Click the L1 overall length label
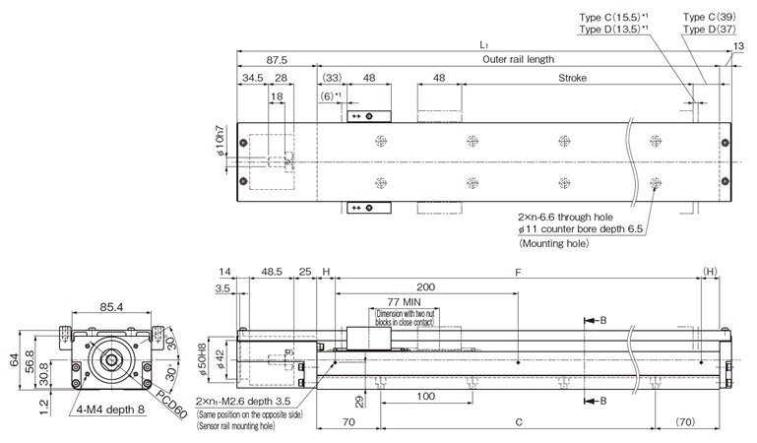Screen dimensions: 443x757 click(483, 45)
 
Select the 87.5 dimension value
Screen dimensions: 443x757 click(276, 59)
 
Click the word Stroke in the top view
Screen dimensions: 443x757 click(574, 78)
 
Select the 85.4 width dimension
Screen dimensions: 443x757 click(110, 307)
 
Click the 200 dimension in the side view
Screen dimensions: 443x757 click(426, 288)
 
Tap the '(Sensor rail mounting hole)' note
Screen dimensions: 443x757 click(248, 428)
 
